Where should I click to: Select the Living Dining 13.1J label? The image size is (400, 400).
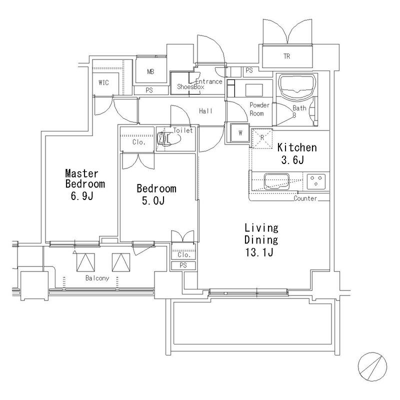click(260, 240)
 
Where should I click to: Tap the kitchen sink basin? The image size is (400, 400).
click(275, 180)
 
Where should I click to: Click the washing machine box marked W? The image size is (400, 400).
click(240, 133)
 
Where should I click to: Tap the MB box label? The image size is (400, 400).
click(150, 72)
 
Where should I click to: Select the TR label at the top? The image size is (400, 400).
click(286, 56)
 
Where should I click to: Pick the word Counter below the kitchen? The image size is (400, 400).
click(305, 198)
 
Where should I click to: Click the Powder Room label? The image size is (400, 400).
click(260, 109)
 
